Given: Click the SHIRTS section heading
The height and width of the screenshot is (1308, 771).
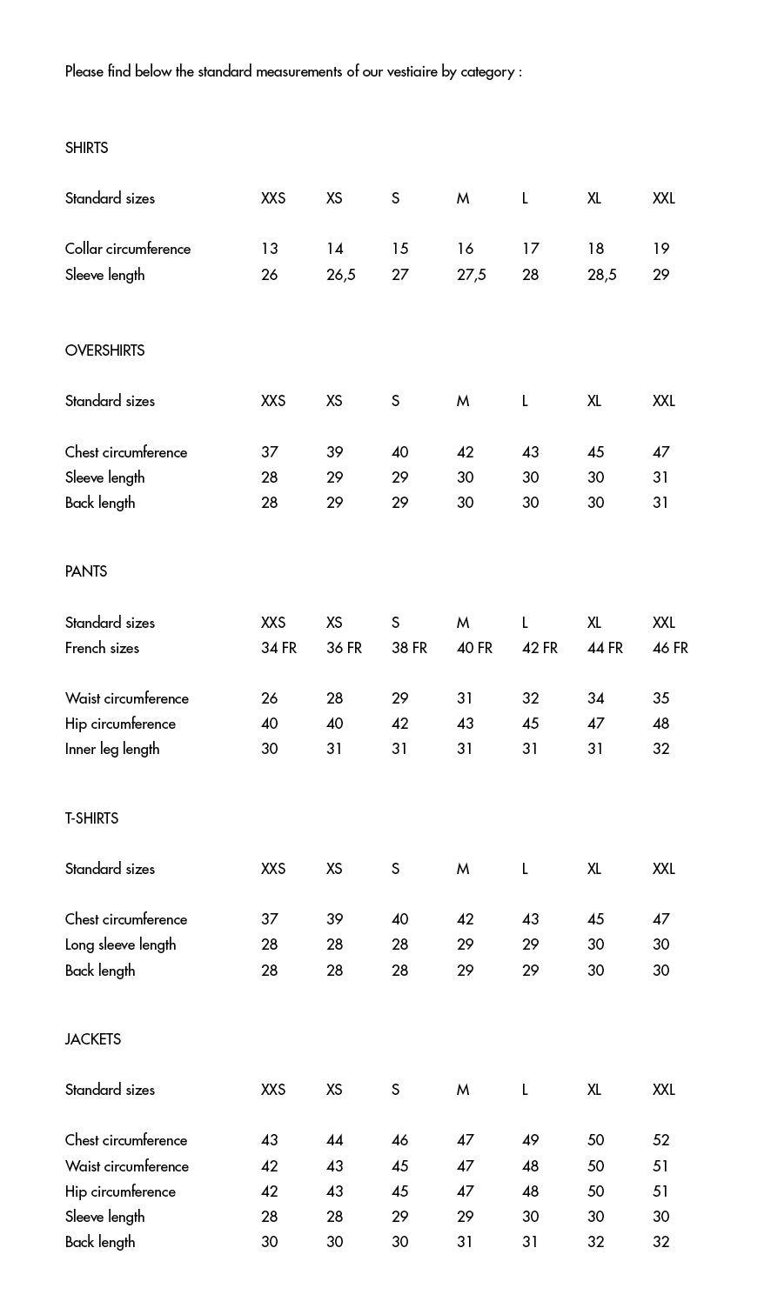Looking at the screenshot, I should (86, 148).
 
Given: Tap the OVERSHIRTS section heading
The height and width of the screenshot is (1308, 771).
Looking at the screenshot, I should (104, 350).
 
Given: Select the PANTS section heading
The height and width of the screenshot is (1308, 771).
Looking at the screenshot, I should (85, 571).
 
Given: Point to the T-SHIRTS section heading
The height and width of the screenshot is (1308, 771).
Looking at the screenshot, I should (91, 818).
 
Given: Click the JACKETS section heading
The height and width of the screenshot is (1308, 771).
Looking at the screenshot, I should (92, 1039).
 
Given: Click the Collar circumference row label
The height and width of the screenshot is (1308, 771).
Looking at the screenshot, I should (127, 249).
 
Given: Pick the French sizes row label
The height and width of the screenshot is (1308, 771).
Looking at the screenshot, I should (102, 648).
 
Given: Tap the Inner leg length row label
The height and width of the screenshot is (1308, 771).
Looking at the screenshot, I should (112, 749).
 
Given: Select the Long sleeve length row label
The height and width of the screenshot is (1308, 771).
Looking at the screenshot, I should (120, 944).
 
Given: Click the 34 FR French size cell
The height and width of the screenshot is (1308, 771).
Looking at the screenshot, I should (278, 648).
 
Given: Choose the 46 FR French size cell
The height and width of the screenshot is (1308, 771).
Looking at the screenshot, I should (670, 648).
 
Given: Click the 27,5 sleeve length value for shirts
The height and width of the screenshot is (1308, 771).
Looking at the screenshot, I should (471, 275).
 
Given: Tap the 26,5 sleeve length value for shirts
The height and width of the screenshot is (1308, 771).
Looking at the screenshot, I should (340, 275).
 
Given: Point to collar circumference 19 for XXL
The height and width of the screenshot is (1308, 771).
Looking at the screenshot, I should (660, 249).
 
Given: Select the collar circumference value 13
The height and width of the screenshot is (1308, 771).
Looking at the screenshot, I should (269, 249).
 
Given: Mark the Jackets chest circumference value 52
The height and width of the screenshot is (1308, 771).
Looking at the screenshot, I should (660, 1140).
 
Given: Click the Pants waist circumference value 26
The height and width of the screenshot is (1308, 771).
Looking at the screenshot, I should (269, 698).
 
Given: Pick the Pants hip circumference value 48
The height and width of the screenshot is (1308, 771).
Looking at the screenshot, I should (660, 724).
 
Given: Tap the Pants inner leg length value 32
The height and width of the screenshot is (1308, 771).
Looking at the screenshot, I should (660, 749).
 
